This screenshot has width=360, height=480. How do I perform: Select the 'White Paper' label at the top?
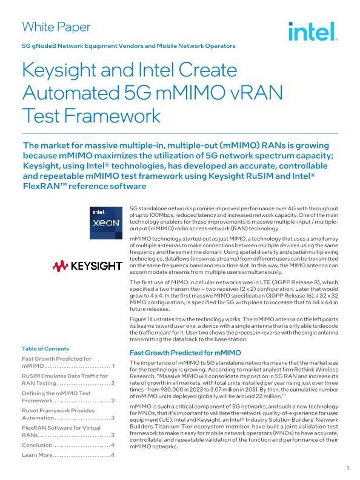[56, 27]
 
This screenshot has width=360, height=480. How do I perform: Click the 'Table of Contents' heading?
[45, 348]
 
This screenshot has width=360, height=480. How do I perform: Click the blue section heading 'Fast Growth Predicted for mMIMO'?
[186, 353]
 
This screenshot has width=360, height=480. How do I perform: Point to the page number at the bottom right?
[347, 468]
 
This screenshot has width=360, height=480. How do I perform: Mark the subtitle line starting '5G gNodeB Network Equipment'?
[128, 46]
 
